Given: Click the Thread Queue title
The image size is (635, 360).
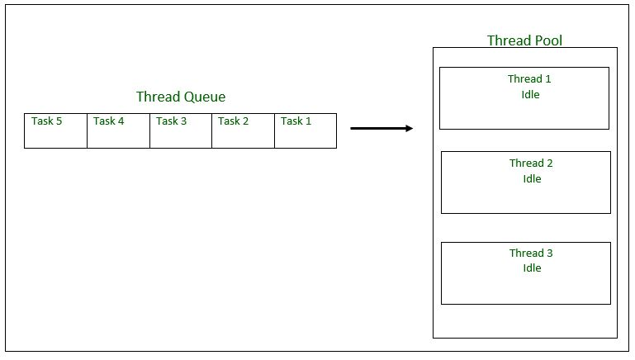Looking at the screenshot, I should [x=181, y=97].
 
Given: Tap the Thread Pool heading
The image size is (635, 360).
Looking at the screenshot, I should [x=525, y=40].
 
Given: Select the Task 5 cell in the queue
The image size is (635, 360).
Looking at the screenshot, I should [x=55, y=130].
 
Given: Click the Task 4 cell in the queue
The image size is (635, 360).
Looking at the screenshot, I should [x=118, y=130].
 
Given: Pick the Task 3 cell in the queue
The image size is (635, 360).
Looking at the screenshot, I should [x=181, y=130].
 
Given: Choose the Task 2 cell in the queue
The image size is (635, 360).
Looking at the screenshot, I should [x=243, y=130].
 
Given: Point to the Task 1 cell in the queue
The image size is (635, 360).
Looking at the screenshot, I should [x=306, y=130].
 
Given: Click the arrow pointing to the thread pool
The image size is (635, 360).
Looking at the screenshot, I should [x=380, y=128].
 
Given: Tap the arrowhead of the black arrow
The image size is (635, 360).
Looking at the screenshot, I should [x=409, y=128].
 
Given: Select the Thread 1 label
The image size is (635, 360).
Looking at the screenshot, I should [x=529, y=79].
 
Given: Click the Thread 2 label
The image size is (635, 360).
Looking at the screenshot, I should [x=531, y=163].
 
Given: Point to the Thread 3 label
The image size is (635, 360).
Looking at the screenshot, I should [x=531, y=253].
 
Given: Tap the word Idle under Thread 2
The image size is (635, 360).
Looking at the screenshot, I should [x=532, y=178].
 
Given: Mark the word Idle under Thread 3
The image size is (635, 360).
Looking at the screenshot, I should [x=532, y=268].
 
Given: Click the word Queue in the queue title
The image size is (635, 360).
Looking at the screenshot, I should [x=205, y=97].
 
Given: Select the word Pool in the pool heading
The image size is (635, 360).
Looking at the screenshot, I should [x=549, y=40].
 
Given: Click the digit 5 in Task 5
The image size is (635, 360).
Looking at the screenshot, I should [x=59, y=121].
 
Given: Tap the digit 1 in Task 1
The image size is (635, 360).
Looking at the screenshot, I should [x=309, y=121].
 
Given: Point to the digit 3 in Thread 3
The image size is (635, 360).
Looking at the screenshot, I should [x=549, y=253].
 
